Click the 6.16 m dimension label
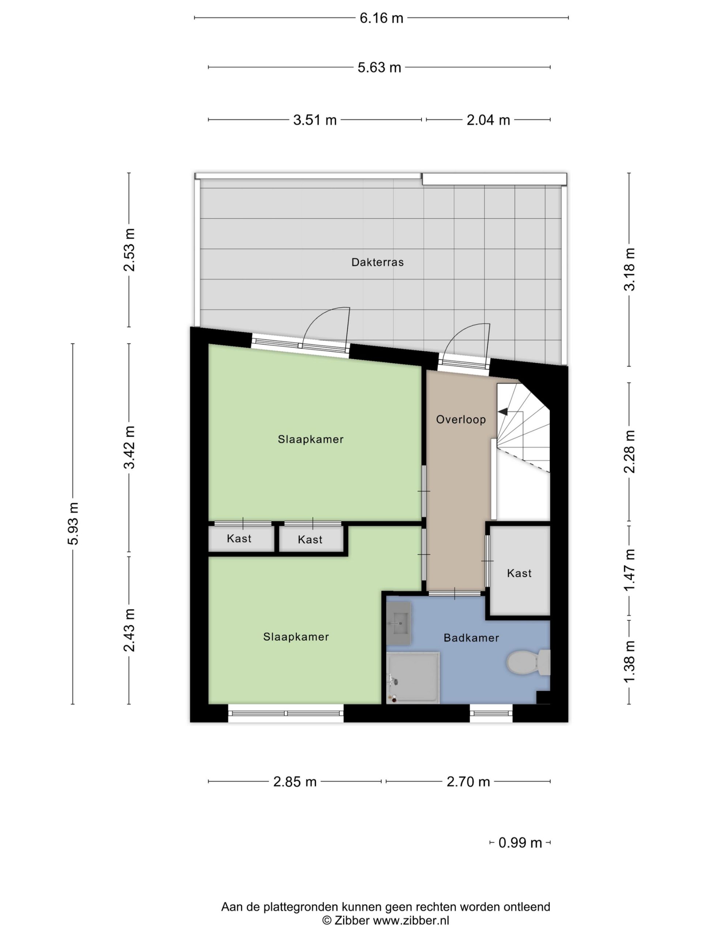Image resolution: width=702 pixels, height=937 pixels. pyautogui.click(x=381, y=18)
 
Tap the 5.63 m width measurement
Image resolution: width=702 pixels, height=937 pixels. pyautogui.click(x=379, y=67)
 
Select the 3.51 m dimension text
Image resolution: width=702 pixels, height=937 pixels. pyautogui.click(x=315, y=120)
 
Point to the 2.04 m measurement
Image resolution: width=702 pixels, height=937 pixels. pyautogui.click(x=488, y=120)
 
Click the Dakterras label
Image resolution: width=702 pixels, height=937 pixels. pyautogui.click(x=377, y=262)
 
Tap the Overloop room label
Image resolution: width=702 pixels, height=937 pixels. pyautogui.click(x=461, y=419)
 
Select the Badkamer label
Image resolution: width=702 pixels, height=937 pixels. pyautogui.click(x=471, y=638)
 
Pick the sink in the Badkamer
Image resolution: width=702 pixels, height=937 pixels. pyautogui.click(x=398, y=623)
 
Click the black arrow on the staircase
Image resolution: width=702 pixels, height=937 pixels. pyautogui.click(x=503, y=411)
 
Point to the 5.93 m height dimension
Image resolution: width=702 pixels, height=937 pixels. pyautogui.click(x=73, y=523)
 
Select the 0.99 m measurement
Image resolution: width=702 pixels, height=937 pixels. pyautogui.click(x=520, y=843)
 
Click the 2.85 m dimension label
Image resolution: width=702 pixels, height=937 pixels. pyautogui.click(x=295, y=781)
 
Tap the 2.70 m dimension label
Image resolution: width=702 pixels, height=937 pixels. pyautogui.click(x=468, y=781)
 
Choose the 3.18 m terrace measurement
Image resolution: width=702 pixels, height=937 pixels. pyautogui.click(x=630, y=269)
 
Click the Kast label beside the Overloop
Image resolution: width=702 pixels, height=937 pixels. pyautogui.click(x=519, y=573)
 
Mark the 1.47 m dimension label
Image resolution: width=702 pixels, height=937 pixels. pyautogui.click(x=630, y=570)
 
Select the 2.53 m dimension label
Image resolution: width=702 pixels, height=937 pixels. pyautogui.click(x=129, y=250)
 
